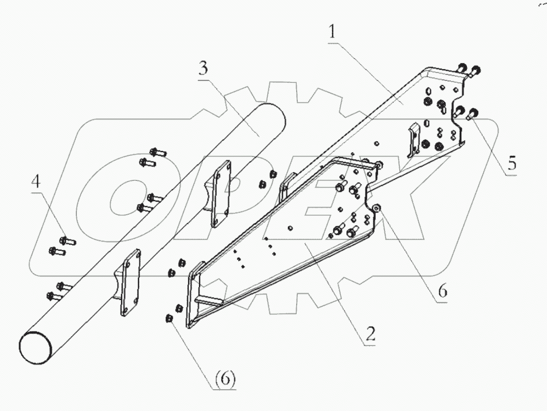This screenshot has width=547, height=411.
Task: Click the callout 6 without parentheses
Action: tap(442, 292)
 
